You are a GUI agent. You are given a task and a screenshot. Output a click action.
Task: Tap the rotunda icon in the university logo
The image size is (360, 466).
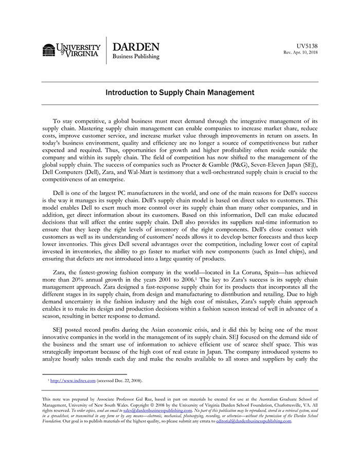click(x=48, y=50)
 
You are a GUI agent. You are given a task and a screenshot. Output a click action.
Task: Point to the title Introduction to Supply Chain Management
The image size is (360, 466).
click(x=179, y=93)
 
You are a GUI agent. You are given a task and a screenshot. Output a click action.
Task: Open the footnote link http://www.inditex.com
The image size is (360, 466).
click(x=73, y=381)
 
